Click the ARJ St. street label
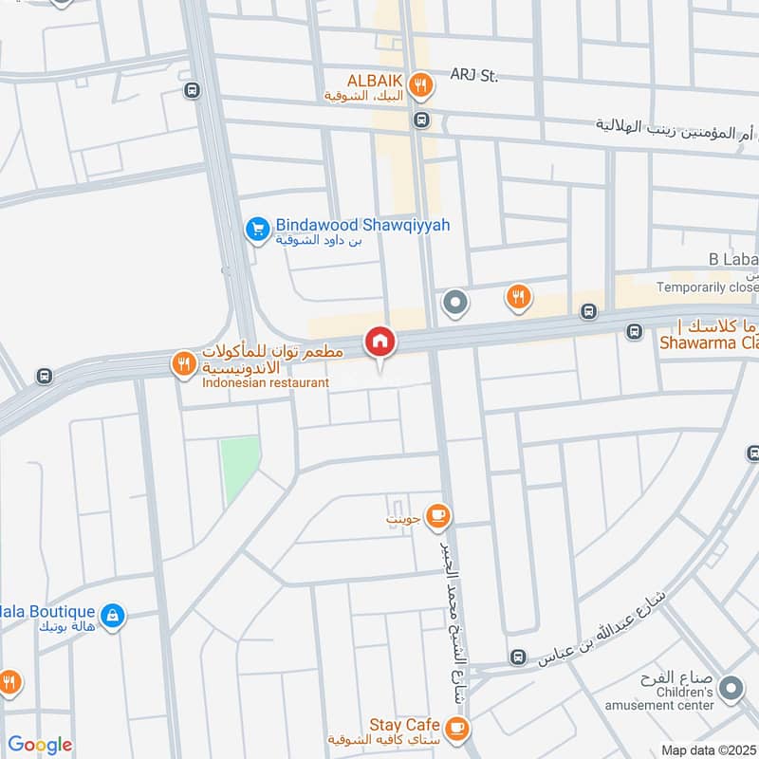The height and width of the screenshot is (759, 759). pyautogui.click(x=474, y=75)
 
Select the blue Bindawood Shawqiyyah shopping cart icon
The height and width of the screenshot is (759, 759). pyautogui.click(x=256, y=229)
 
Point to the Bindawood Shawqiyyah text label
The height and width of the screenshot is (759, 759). pyautogui.click(x=362, y=225)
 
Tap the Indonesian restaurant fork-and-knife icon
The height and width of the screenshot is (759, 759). pyautogui.click(x=182, y=362)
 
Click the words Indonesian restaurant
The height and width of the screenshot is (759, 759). pyautogui.click(x=265, y=382)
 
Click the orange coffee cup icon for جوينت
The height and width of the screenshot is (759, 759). pyautogui.click(x=437, y=515)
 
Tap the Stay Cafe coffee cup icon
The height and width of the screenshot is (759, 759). pyautogui.click(x=458, y=728)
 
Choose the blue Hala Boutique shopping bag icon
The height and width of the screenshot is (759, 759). pyautogui.click(x=112, y=616)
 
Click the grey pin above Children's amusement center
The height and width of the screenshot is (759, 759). pyautogui.click(x=731, y=689)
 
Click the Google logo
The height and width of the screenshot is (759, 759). pyautogui.click(x=39, y=745)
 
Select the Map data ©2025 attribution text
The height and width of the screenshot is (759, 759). pyautogui.click(x=708, y=750)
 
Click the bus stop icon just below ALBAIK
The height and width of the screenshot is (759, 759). pyautogui.click(x=421, y=120)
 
